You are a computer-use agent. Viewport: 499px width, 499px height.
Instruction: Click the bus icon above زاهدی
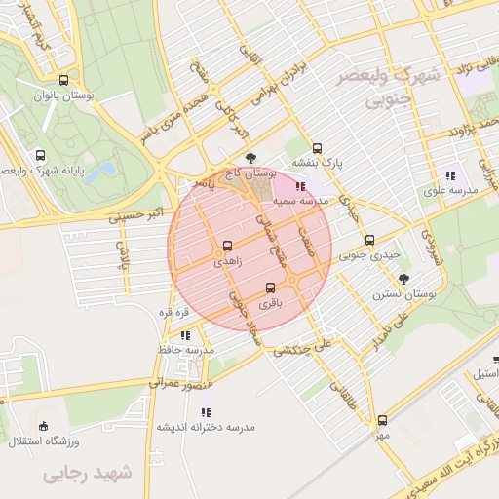coord(227,246)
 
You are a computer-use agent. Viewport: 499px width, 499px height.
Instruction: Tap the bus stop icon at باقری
coord(270,288)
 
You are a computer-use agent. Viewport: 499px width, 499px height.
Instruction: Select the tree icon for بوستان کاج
coord(251,157)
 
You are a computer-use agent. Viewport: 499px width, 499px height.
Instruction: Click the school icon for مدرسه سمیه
coord(299,185)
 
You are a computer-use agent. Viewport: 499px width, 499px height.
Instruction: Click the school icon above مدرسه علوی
coord(449,175)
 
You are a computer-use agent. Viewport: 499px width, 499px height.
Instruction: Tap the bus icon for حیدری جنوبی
coord(368,240)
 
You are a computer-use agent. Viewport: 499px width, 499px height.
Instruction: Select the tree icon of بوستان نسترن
coord(404,278)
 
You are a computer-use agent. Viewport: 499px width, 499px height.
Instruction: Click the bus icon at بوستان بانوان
coord(63,81)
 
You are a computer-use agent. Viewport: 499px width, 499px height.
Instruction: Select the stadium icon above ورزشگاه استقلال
coord(42,426)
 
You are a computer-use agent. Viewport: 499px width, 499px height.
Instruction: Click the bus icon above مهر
coord(381,420)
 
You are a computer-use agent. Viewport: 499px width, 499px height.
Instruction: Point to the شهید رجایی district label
coord(87,474)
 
